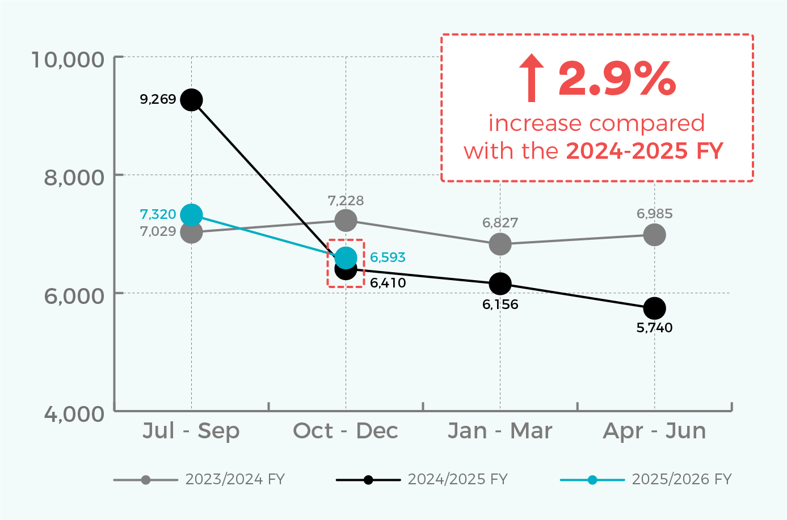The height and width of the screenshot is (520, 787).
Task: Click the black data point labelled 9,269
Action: point(191,100)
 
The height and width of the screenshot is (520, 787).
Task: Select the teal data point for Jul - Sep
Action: point(191,215)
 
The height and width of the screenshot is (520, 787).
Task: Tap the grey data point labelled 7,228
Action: point(346,220)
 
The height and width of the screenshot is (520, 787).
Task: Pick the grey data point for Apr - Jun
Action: point(654,234)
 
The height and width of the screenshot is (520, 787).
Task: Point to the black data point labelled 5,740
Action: point(654,308)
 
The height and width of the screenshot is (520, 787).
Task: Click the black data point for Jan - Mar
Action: point(500,284)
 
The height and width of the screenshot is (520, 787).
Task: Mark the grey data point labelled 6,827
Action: point(500,244)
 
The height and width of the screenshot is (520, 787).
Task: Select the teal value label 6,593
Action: point(388,257)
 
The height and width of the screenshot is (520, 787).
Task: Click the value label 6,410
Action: point(388,283)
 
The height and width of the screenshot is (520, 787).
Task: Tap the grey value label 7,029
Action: point(158,231)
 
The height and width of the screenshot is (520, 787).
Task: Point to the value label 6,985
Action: point(654,214)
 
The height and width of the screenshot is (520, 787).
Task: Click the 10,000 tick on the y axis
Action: point(68,59)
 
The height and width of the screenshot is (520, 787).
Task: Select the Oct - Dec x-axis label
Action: point(346,431)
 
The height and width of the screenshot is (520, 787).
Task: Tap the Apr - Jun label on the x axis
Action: point(654,431)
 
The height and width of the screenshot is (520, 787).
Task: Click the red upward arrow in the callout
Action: point(532,78)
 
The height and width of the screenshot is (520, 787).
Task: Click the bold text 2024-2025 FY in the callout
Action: point(645,151)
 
